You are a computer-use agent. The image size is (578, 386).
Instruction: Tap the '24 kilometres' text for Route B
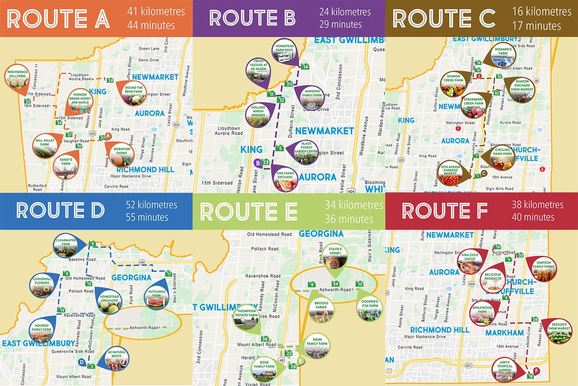(345, 12)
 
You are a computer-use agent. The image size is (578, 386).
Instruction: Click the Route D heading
(60, 211)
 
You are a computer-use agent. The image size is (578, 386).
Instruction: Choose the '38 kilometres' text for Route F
(538, 205)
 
